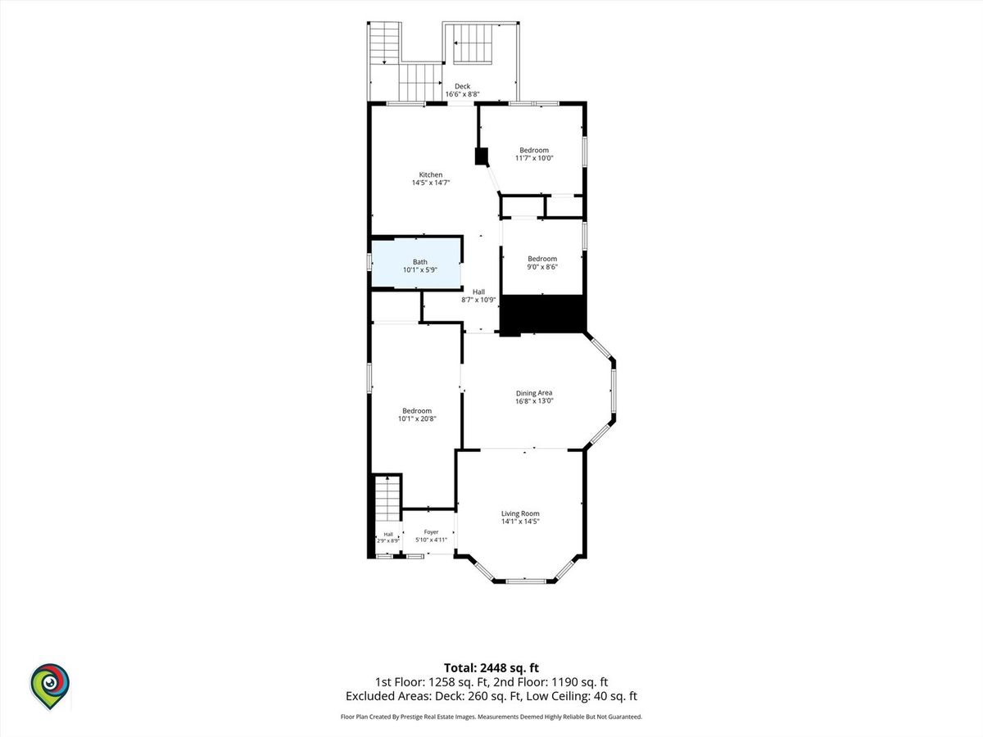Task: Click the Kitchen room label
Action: [x=431, y=174]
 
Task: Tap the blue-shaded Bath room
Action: [x=416, y=264]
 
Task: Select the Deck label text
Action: [x=463, y=86]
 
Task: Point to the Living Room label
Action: [x=520, y=513]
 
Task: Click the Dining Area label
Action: [x=534, y=393]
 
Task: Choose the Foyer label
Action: [x=431, y=531]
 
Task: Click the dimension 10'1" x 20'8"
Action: [x=417, y=418]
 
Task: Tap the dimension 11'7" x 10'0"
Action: [x=534, y=158]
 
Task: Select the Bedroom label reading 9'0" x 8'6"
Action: [x=542, y=259]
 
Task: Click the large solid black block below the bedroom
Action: [x=542, y=314]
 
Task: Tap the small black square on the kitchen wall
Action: [x=482, y=156]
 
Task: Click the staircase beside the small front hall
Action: [x=387, y=498]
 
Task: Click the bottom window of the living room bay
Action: [x=526, y=581]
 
